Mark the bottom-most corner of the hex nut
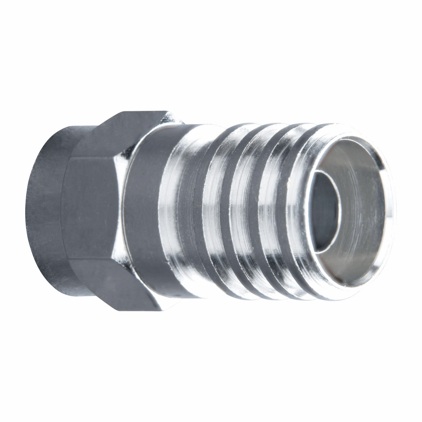click(158, 309)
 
